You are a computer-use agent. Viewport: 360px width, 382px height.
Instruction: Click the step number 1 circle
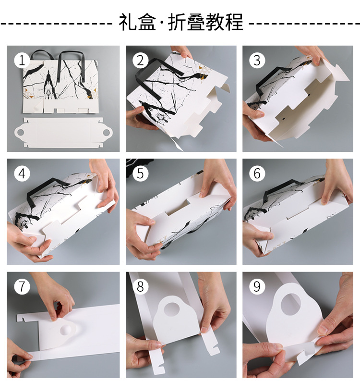pyautogui.click(x=22, y=60)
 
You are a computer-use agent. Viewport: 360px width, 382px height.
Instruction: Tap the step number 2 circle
pyautogui.click(x=141, y=60)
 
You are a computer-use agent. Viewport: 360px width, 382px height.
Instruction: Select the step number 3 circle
pyautogui.click(x=257, y=60)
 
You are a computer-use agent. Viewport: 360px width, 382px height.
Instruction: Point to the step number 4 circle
pyautogui.click(x=22, y=173)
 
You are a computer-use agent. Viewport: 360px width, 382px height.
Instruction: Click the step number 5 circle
pyautogui.click(x=141, y=173)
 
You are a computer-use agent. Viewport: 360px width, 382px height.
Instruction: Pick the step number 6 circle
pyautogui.click(x=257, y=173)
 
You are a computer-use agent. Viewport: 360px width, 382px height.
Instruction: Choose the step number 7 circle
pyautogui.click(x=22, y=286)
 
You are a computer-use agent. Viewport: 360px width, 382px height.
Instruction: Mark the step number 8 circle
pyautogui.click(x=141, y=286)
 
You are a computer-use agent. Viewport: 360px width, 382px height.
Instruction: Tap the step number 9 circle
pyautogui.click(x=257, y=286)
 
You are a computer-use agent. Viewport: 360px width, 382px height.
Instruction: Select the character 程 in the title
pyautogui.click(x=234, y=22)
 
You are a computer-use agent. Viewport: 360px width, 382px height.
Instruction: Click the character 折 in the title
pyautogui.click(x=177, y=22)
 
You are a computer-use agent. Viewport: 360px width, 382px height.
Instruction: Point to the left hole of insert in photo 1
pyautogui.click(x=20, y=133)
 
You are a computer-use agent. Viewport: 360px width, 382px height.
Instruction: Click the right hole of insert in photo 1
pyautogui.click(x=107, y=133)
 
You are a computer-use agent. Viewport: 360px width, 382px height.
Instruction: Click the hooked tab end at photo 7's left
pyautogui.click(x=22, y=318)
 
